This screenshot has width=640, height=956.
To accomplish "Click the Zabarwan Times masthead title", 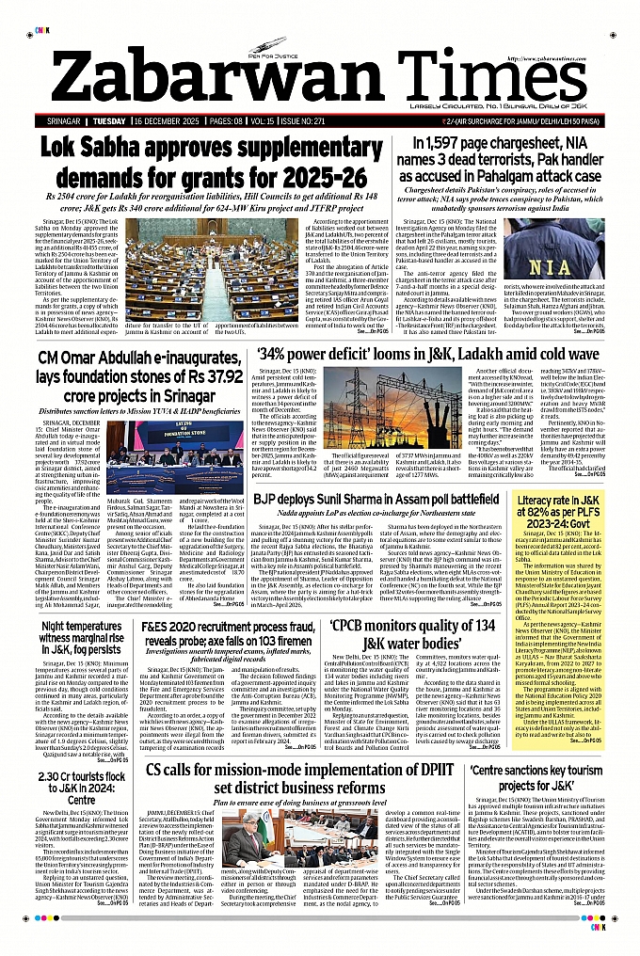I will click(319, 69).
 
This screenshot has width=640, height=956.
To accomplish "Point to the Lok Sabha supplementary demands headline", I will click(201, 162).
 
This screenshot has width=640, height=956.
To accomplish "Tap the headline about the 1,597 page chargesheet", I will click(505, 158).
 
